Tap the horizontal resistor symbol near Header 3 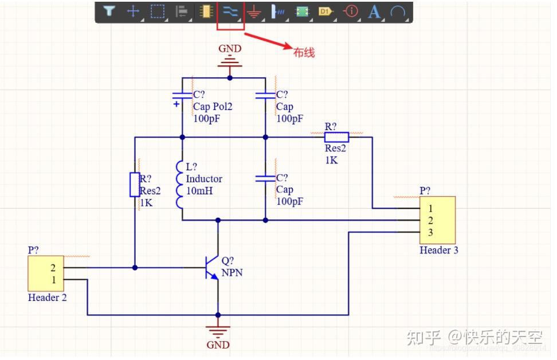tap(336, 137)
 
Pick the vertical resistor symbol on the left tap(134, 185)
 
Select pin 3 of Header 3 tap(430, 232)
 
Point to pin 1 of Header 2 tap(53, 280)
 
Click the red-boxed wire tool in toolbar tap(230, 11)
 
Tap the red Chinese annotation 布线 tap(304, 53)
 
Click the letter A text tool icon tap(374, 11)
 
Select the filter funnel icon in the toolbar tap(109, 11)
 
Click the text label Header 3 tap(438, 250)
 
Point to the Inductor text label tap(204, 179)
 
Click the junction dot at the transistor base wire tap(135, 267)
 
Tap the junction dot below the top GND tap(230, 77)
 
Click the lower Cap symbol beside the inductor tap(265, 178)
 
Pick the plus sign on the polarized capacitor tap(176, 104)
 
